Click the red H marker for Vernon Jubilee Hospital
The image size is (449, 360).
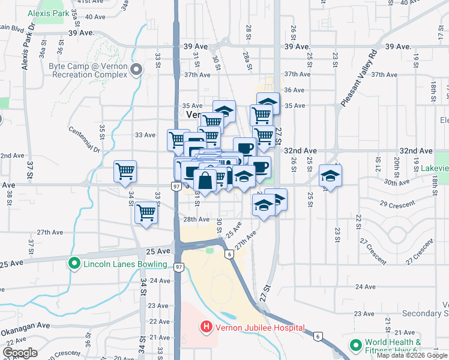point(206,328)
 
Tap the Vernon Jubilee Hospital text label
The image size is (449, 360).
point(259,328)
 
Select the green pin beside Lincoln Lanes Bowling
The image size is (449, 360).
point(74,264)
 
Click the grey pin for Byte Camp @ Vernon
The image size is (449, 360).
point(136,70)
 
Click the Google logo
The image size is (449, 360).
point(20,353)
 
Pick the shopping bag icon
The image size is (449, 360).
point(205,181)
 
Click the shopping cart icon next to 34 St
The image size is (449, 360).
point(125,172)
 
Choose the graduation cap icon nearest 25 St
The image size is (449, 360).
point(330,175)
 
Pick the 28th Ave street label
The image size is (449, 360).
point(196,220)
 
